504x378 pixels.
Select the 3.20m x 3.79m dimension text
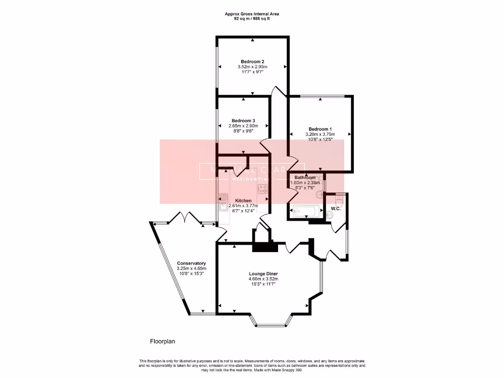coord(320,134)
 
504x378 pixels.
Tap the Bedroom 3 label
coord(243,121)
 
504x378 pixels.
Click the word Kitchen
coord(244,201)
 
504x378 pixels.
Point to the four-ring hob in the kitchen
coord(263,189)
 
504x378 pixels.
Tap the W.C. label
coord(336,209)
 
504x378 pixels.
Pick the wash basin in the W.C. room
coord(328,215)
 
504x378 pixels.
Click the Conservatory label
coord(191,263)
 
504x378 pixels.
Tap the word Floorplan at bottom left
coord(163,341)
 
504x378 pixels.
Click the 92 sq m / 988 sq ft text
coord(252,19)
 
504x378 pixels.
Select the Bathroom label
coord(305,177)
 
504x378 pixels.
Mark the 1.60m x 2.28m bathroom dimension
coord(305,183)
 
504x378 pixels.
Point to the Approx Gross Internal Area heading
coord(252,14)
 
